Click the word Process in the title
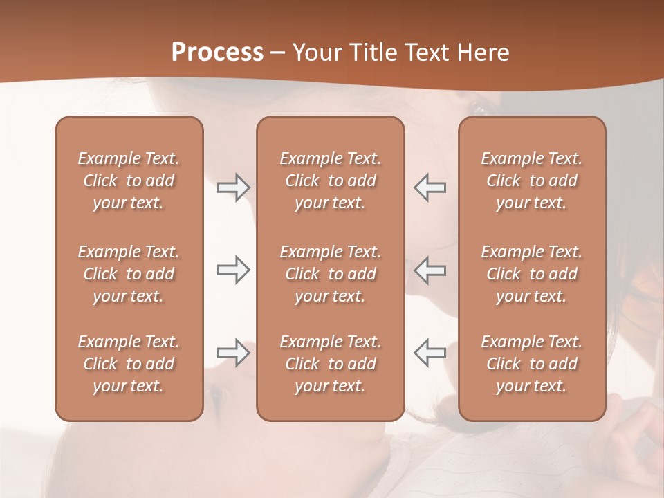[x=217, y=53]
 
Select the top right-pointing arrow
[x=233, y=187]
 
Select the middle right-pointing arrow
[x=233, y=270]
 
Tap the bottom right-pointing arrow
[x=233, y=353]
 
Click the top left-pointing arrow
[x=430, y=187]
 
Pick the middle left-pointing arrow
[x=430, y=270]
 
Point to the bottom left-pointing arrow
[x=430, y=353]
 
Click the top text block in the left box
[x=129, y=181]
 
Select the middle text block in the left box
[x=129, y=274]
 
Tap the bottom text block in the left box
[x=129, y=364]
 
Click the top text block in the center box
[x=331, y=181]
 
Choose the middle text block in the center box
[x=331, y=274]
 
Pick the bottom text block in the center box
[x=331, y=364]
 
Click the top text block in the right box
[x=532, y=181]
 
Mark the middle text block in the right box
[x=532, y=274]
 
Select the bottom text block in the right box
[x=532, y=364]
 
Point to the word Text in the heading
[x=427, y=53]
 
